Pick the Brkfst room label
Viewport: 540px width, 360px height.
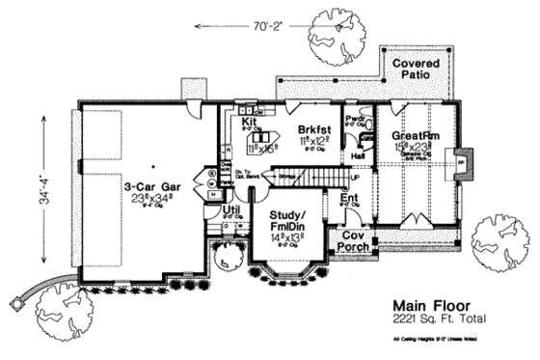313,128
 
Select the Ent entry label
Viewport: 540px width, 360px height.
351,200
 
